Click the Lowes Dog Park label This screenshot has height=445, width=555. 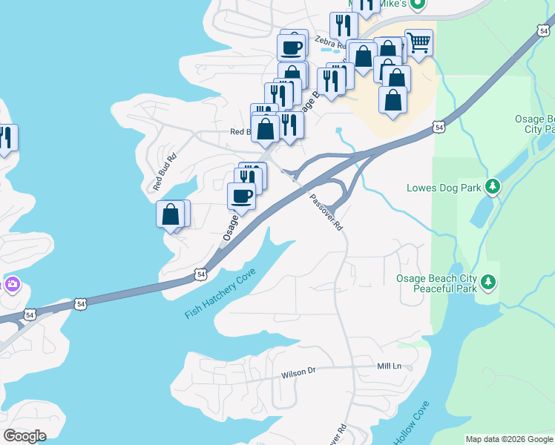tap(443, 188)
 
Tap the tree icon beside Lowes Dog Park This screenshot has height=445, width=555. tap(491, 185)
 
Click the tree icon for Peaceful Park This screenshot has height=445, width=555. tap(488, 282)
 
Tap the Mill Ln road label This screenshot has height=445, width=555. tap(389, 366)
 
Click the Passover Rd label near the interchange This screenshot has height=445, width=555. tap(326, 212)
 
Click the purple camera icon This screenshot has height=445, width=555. tap(12, 284)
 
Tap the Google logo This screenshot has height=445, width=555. tap(24, 436)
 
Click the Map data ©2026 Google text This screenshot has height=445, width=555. tap(508, 439)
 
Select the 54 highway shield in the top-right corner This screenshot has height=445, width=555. tap(545, 30)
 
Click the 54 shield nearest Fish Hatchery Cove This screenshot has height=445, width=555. tap(201, 274)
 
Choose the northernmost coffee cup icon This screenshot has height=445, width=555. tap(291, 47)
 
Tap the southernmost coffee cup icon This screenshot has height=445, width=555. tap(240, 196)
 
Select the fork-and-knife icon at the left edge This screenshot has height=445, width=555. tap(5, 137)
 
